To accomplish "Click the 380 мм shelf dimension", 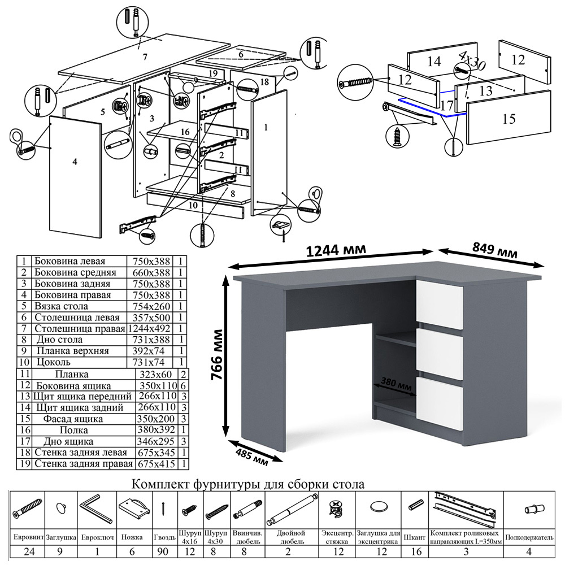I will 396,383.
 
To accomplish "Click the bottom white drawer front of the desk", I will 440,398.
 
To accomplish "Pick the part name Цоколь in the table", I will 54,362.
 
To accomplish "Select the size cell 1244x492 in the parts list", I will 150,329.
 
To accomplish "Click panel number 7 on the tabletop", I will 145,56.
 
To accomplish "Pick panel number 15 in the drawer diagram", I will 508,119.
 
